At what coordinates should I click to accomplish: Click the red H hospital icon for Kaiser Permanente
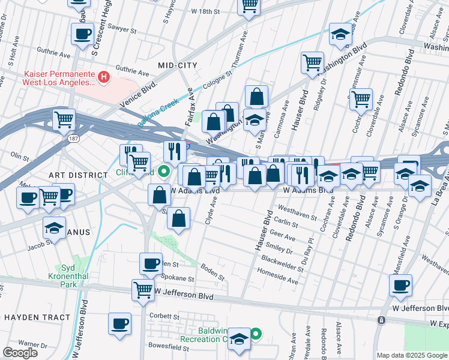coord(104,77)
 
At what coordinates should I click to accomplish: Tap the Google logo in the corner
coord(20,352)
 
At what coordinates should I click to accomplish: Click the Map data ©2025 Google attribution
coord(411,355)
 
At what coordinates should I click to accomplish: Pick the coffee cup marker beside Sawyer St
coord(82,34)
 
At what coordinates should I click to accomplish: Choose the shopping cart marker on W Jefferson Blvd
coord(143,290)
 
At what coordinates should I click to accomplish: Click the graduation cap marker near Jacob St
coord(55,228)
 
